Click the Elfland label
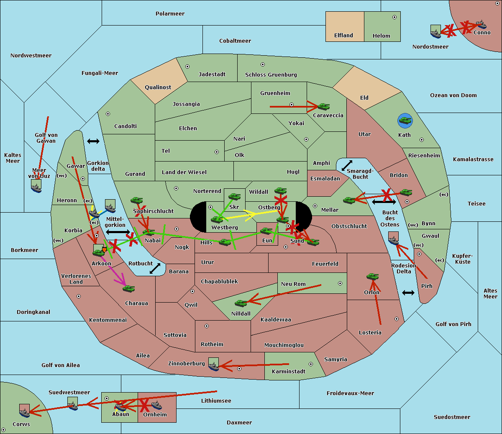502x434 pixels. (343, 36)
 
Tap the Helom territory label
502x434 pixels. (382, 36)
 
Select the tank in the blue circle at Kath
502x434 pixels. (405, 121)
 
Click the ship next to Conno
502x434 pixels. (481, 24)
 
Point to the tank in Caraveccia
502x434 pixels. (323, 107)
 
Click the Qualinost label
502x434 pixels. (158, 87)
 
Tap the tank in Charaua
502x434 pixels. (129, 288)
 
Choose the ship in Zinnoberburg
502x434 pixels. (214, 365)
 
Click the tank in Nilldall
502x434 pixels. (241, 303)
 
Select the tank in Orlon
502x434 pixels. (372, 277)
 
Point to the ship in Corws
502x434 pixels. (25, 411)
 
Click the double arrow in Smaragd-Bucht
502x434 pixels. (347, 165)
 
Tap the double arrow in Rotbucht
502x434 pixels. (155, 268)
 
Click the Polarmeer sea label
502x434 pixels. (170, 14)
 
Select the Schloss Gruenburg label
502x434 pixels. (271, 75)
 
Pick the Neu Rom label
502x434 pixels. (293, 284)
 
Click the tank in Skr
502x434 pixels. (234, 196)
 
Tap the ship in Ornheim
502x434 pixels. (156, 405)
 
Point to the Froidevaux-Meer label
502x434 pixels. (350, 393)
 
